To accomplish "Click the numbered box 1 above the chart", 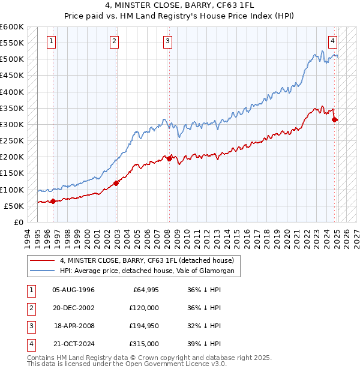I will coord(52,41).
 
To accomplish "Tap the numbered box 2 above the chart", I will coord(114,41).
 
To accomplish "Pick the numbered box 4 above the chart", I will coord(332,41).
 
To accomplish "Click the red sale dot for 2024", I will coord(334,119).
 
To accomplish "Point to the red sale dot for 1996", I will coord(53,201).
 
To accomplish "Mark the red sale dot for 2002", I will coord(116,183).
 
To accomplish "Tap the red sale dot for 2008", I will coord(169,158).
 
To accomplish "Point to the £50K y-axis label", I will coord(14,206).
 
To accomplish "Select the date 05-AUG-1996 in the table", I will coord(74,289).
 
